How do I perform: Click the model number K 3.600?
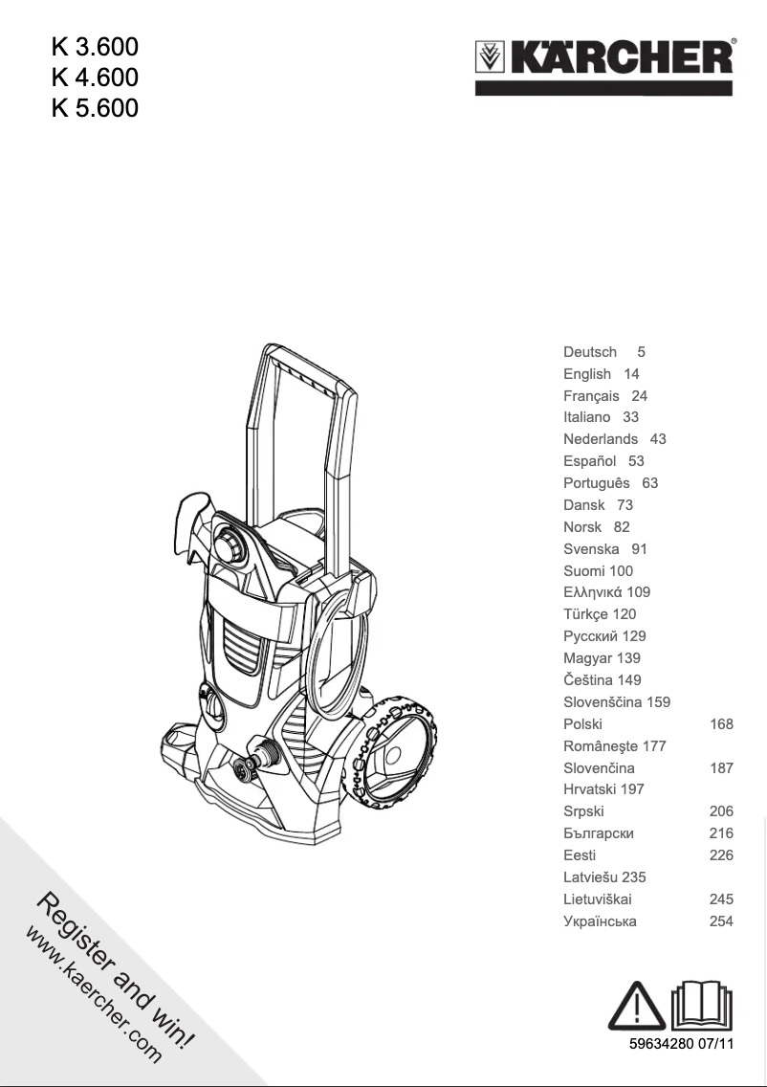pyautogui.click(x=95, y=45)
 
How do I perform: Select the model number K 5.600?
pyautogui.click(x=95, y=107)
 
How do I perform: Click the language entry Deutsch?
pyautogui.click(x=590, y=352)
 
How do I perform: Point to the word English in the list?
pyautogui.click(x=587, y=374)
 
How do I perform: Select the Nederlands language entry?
pyautogui.click(x=601, y=439)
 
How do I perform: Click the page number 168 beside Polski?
pyautogui.click(x=721, y=724)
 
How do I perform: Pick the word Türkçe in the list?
pyautogui.click(x=585, y=614)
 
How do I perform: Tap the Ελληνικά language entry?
pyautogui.click(x=592, y=592)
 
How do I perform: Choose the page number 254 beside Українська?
pyautogui.click(x=721, y=921)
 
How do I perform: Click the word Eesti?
pyautogui.click(x=581, y=855)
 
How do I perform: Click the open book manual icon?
pyautogui.click(x=703, y=1003)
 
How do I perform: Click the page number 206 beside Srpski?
pyautogui.click(x=721, y=811)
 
